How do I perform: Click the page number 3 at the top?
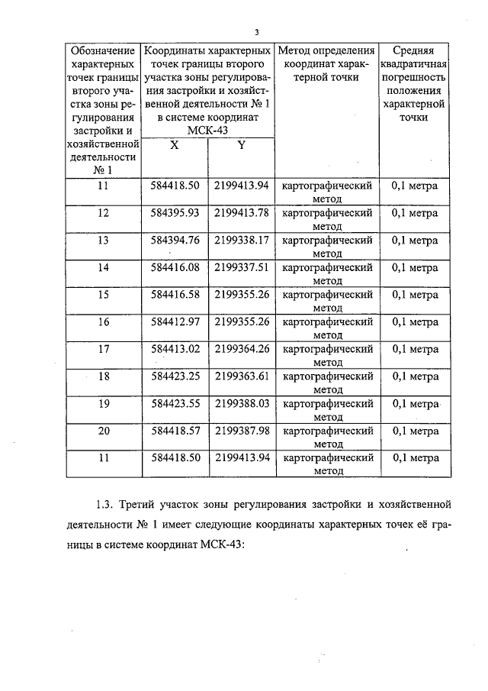257,32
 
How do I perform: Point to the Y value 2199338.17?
242,240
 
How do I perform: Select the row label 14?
104,267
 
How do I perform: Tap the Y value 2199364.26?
242,349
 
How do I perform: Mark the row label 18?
104,376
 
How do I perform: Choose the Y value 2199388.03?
242,403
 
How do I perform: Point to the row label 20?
104,431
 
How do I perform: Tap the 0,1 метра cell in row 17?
414,349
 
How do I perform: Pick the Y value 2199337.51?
242,267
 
